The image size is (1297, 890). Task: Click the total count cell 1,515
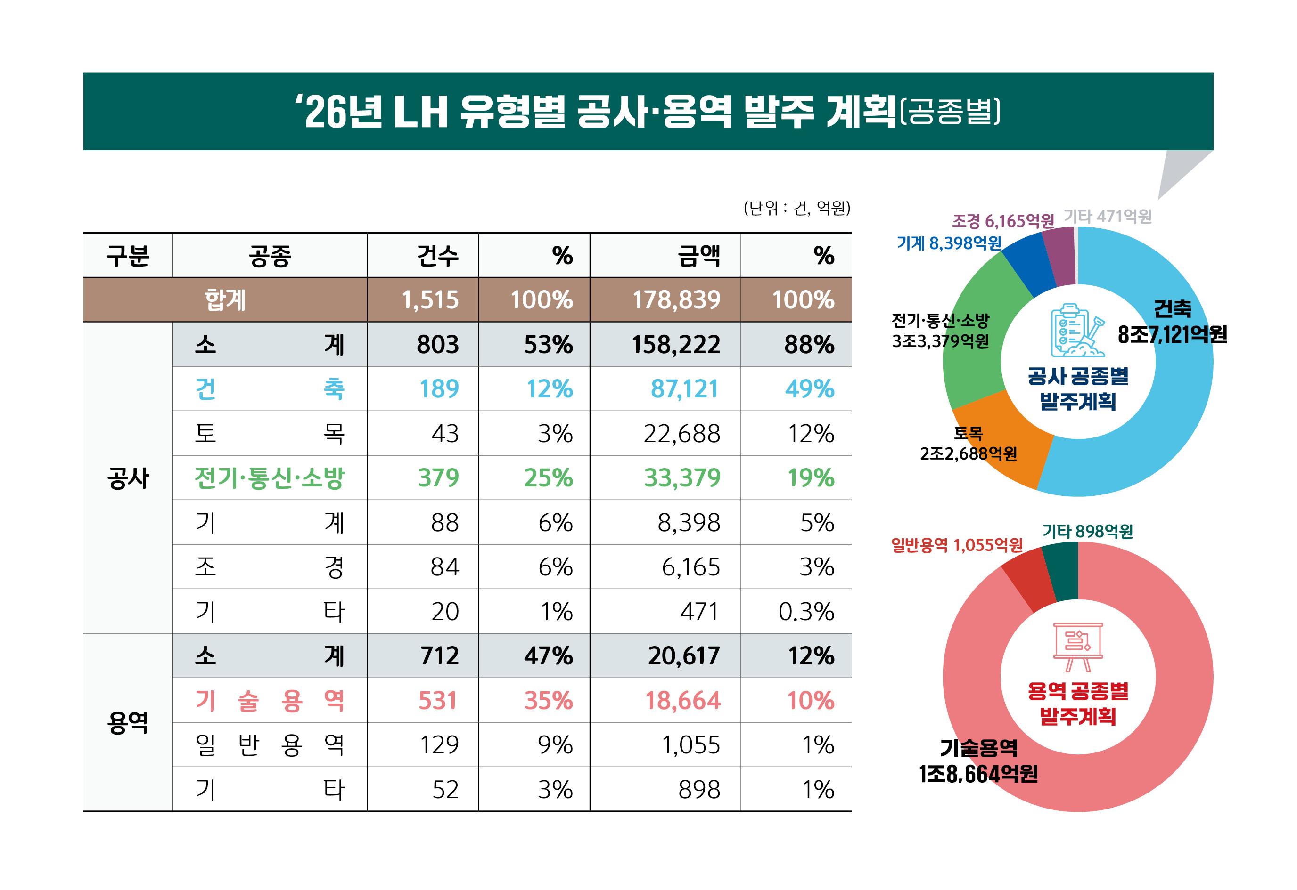430,300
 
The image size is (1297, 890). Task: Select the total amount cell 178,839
676,300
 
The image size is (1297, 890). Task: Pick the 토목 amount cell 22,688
681,433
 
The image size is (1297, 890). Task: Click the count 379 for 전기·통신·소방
438,478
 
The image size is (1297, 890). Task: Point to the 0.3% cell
806,612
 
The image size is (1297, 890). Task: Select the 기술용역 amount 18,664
682,700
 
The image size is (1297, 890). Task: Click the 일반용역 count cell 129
439,745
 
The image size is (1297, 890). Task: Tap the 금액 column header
699,256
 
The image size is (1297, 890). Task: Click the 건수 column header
437,256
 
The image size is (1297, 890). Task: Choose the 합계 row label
225,300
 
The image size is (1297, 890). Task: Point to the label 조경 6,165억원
1002,221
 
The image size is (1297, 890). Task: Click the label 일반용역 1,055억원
957,545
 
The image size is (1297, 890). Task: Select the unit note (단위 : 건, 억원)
796,208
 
